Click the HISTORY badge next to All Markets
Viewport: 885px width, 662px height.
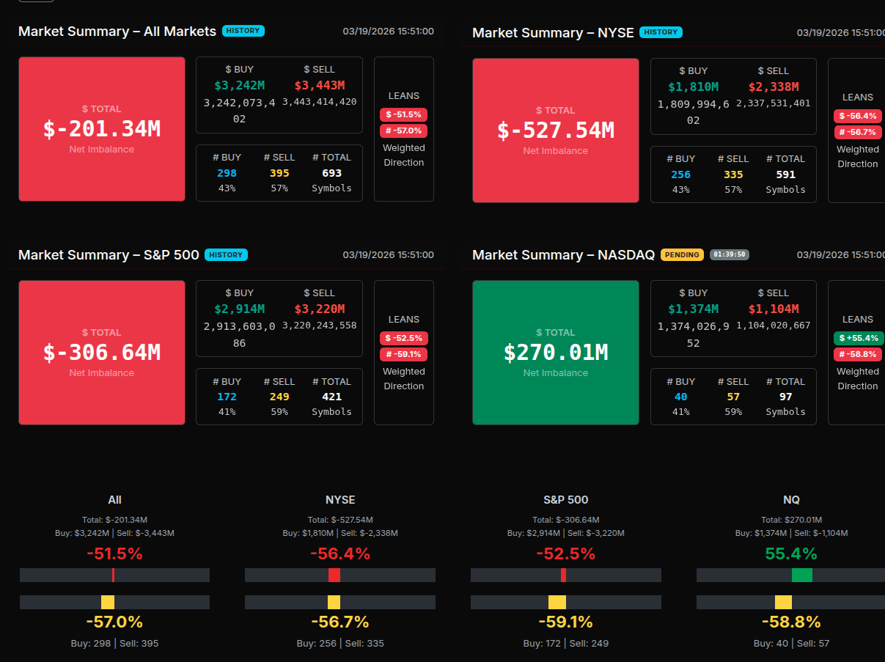click(243, 31)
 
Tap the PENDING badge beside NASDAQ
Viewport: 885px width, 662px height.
click(682, 254)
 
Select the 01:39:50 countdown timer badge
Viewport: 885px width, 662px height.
click(730, 254)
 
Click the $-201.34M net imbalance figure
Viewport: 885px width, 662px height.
click(102, 129)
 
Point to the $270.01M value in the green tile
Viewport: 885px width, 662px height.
click(556, 353)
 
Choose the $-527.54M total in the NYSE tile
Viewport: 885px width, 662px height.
click(556, 130)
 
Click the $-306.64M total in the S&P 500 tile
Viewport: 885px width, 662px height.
click(102, 353)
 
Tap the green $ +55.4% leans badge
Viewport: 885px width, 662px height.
click(858, 338)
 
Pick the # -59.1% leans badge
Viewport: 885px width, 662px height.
click(403, 354)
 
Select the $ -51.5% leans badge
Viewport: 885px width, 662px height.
click(403, 114)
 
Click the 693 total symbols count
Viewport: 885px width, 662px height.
click(331, 173)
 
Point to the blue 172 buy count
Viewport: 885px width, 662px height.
click(227, 397)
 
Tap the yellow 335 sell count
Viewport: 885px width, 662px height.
click(733, 174)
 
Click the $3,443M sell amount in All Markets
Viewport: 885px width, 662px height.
click(319, 86)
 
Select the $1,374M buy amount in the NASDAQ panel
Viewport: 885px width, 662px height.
click(693, 309)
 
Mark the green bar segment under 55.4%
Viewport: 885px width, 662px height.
click(802, 575)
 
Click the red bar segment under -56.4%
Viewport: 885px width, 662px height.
click(334, 575)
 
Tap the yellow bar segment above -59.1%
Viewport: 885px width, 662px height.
click(557, 602)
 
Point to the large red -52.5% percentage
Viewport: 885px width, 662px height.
click(565, 554)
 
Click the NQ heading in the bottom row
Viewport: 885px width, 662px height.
click(791, 500)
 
